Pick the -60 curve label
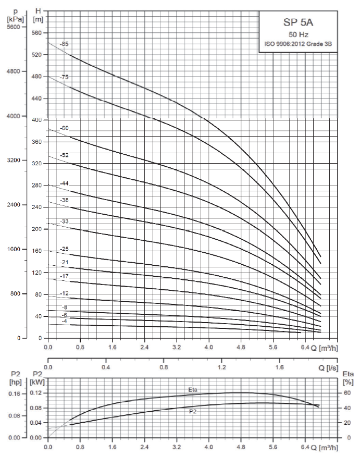[64, 128]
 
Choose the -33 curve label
[64, 222]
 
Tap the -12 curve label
[64, 293]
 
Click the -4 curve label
[64, 322]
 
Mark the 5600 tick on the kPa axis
[13, 27]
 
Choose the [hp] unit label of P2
[14, 382]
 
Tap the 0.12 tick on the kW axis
[36, 393]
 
